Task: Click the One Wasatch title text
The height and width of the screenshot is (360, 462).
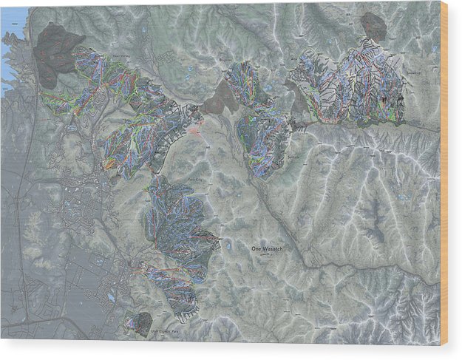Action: pyautogui.click(x=268, y=249)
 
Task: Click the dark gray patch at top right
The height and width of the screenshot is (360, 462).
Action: pyautogui.click(x=374, y=27)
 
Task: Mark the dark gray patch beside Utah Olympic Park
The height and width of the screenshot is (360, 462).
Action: pyautogui.click(x=141, y=322)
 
